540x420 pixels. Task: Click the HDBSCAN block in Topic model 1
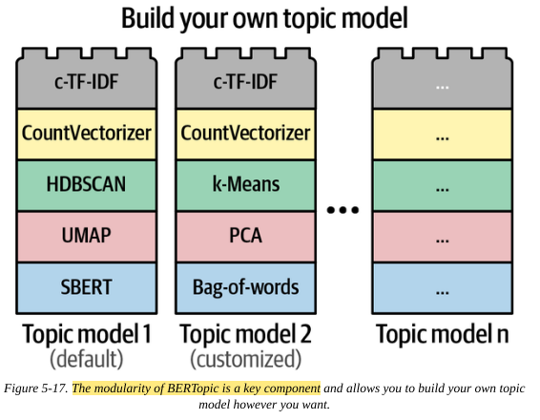[x=87, y=185]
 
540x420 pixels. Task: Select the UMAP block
[x=87, y=237]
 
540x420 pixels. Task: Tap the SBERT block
[x=87, y=288]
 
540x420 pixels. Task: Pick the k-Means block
[x=245, y=185]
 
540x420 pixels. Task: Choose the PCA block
[x=245, y=237]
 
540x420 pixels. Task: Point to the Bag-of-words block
[x=245, y=288]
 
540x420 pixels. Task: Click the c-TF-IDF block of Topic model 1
[x=87, y=78]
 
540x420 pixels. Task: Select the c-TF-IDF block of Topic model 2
[x=245, y=78]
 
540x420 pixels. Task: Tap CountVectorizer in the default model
[x=87, y=135]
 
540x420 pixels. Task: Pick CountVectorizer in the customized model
[x=245, y=135]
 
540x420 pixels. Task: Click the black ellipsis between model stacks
[x=343, y=209]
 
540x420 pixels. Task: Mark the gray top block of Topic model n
[x=443, y=78]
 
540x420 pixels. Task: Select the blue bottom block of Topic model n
[x=443, y=288]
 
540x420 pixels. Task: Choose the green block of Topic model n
[x=443, y=185]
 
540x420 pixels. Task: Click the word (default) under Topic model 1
[x=87, y=359]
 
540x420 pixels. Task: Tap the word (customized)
[x=245, y=359]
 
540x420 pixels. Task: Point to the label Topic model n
[x=443, y=334]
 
